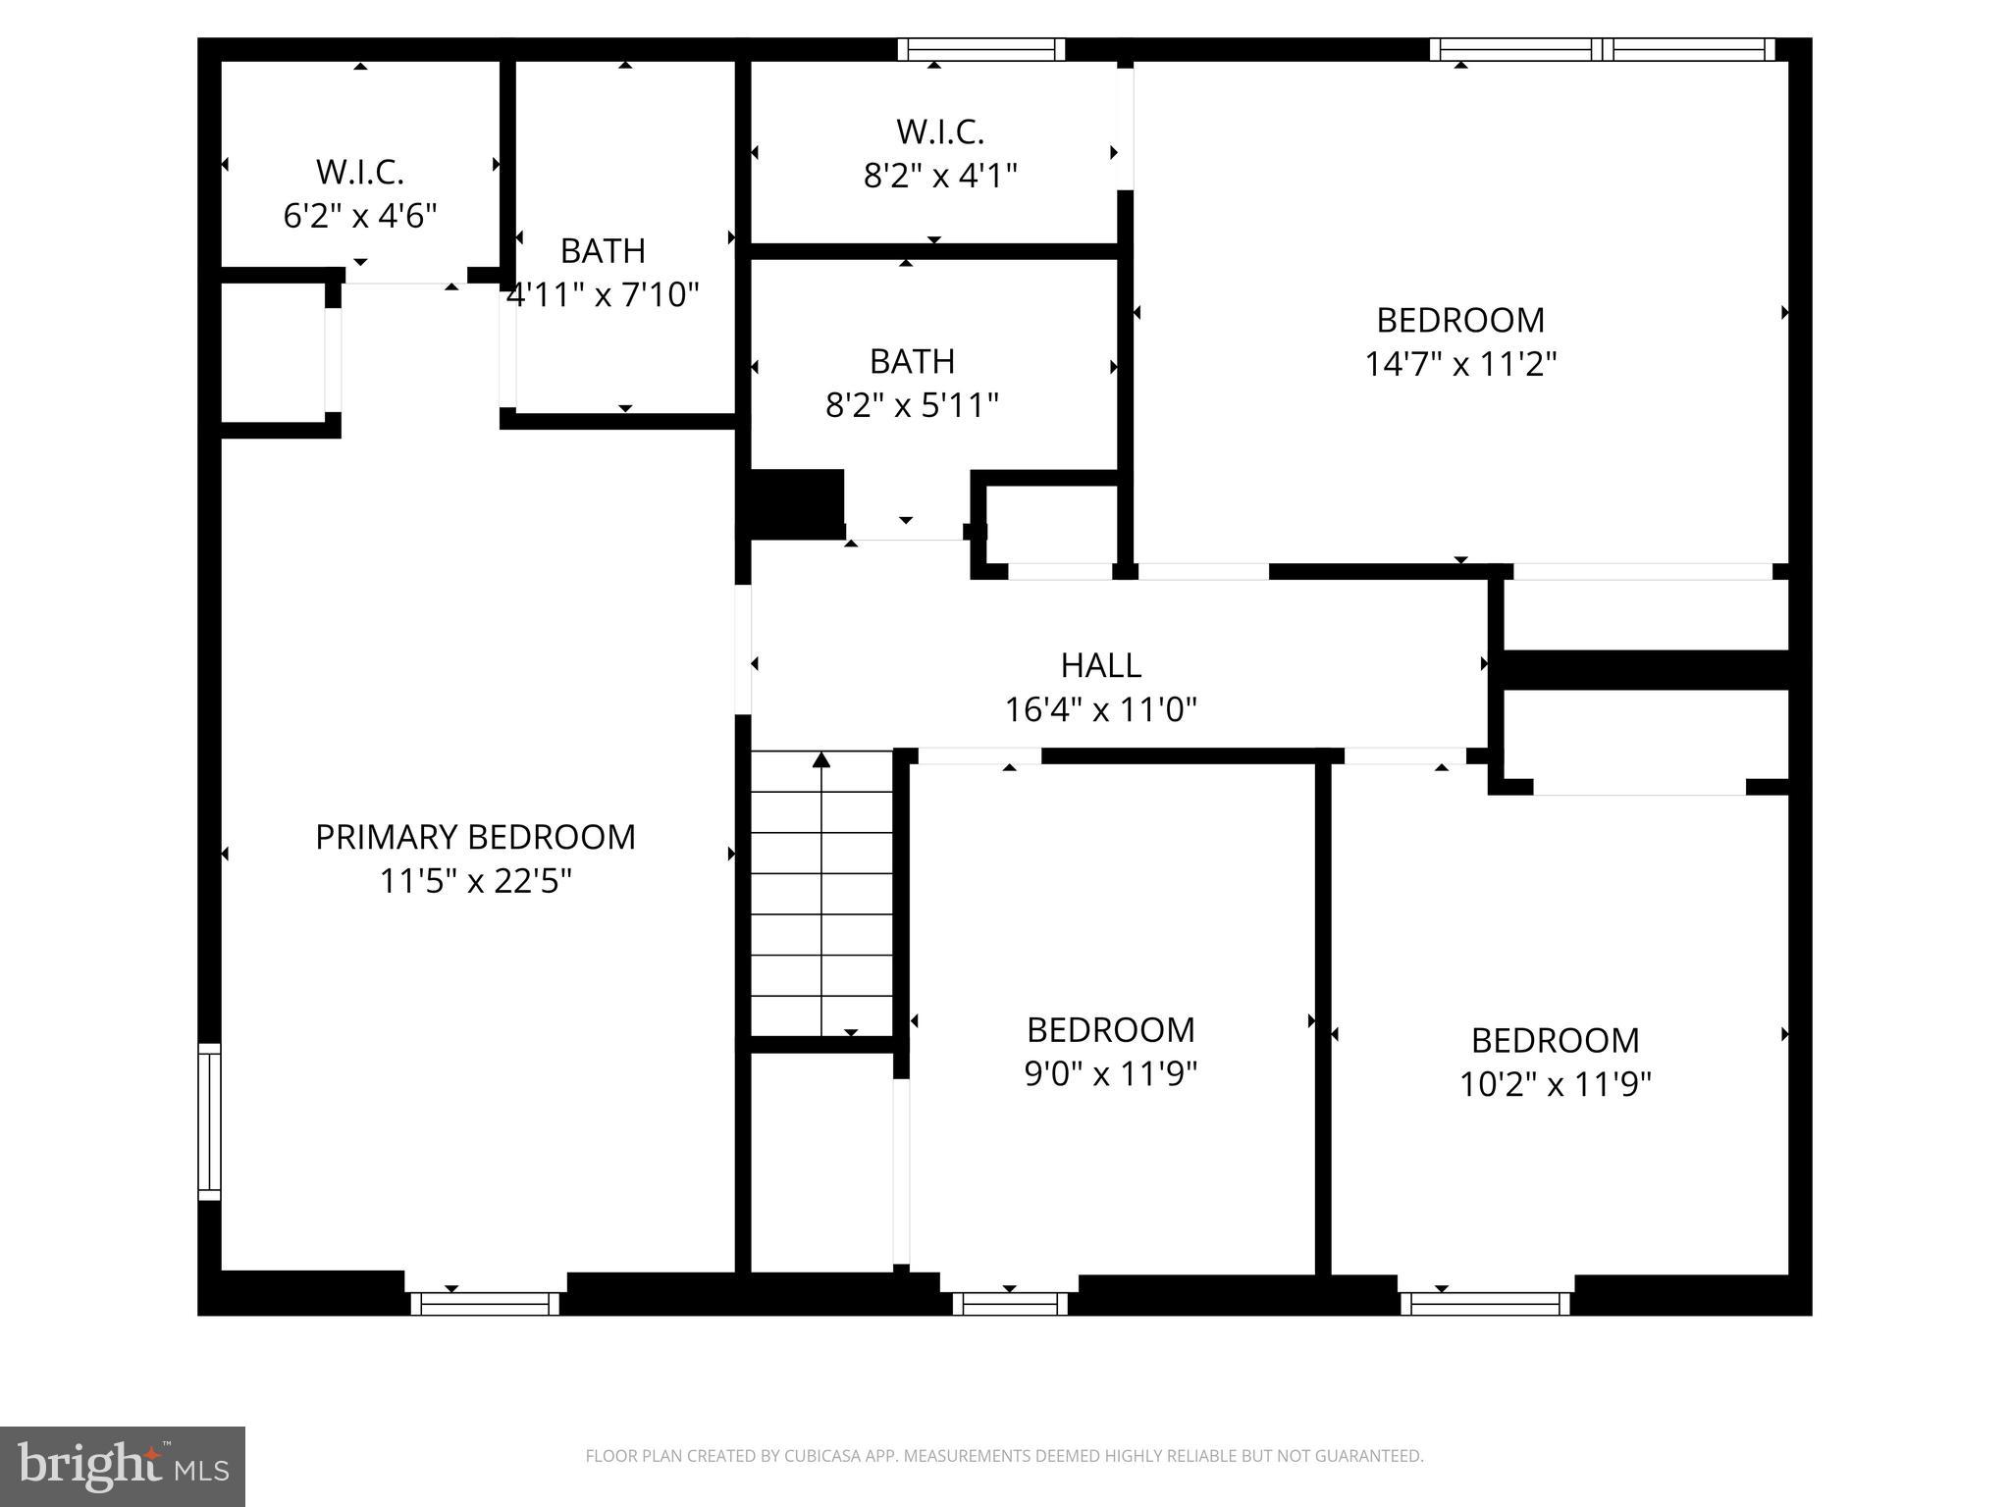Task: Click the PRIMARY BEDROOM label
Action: click(x=475, y=837)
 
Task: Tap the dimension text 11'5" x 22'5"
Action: click(x=475, y=881)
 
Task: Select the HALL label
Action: click(x=1100, y=665)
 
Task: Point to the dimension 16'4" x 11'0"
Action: click(x=1100, y=709)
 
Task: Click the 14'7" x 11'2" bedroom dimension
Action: click(x=1460, y=364)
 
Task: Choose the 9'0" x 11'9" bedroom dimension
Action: click(x=1110, y=1074)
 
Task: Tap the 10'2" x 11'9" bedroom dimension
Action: click(x=1555, y=1084)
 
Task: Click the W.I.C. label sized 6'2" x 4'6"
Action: click(x=359, y=172)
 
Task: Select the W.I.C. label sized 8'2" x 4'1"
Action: click(x=939, y=131)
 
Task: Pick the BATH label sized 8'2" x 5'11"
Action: click(x=912, y=361)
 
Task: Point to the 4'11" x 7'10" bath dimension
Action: click(x=603, y=294)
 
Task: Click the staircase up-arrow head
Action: click(x=821, y=759)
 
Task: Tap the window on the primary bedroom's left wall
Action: click(x=209, y=1121)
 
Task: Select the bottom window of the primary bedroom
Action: click(x=485, y=1303)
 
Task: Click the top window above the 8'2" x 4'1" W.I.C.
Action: click(x=981, y=49)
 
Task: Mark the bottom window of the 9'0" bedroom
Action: click(x=1010, y=1303)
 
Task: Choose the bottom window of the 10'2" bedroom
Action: click(x=1485, y=1303)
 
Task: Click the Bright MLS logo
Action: click(x=123, y=1466)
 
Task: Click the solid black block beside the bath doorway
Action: click(x=796, y=503)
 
